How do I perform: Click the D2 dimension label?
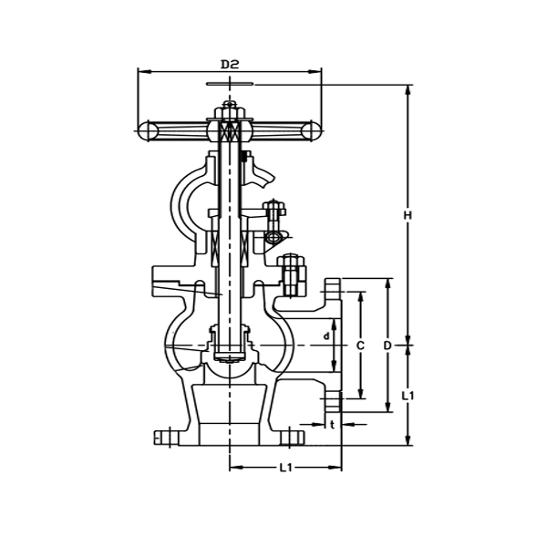point(230,65)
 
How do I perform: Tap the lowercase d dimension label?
point(326,336)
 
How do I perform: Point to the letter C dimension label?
point(360,346)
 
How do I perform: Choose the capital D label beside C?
point(387,346)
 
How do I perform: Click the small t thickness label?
point(333,424)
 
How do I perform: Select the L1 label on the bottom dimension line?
point(285,468)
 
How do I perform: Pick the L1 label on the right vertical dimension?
point(408,396)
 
